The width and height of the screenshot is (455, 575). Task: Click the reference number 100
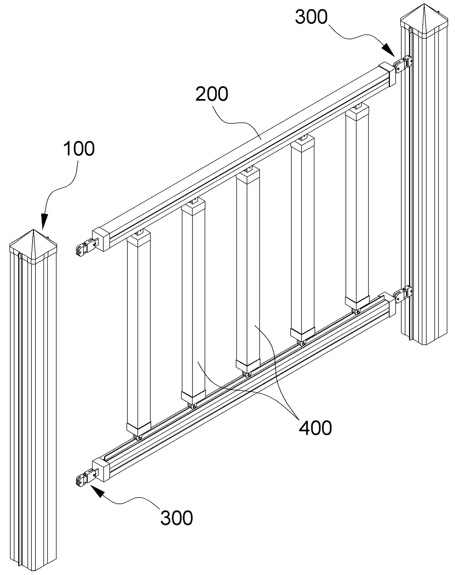(79, 149)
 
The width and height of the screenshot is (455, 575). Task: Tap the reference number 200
(212, 94)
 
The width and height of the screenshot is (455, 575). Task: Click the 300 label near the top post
(311, 17)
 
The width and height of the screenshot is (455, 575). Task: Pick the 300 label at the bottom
(176, 518)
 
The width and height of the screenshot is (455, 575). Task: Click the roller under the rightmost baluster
(357, 311)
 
